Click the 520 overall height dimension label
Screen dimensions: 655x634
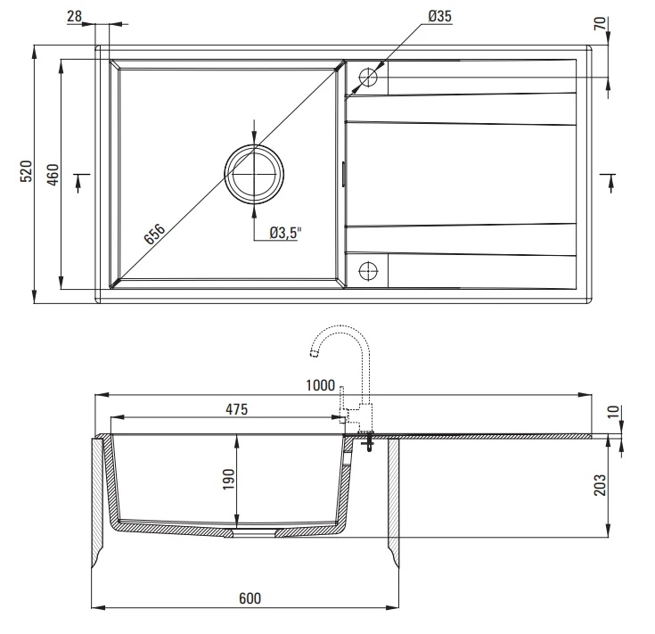26,171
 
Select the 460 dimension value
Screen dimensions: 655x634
53,174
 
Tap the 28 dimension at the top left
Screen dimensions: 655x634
74,16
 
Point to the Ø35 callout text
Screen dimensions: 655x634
440,16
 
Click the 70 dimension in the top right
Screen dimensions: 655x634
600,23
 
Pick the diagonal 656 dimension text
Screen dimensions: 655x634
154,234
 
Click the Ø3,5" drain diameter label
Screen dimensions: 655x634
285,233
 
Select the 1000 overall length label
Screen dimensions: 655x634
321,385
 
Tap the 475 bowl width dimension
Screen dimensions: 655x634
237,409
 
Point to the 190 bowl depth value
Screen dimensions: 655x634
228,479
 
